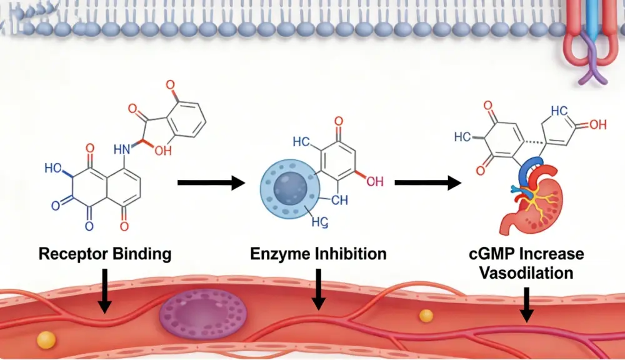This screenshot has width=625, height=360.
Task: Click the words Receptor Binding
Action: (104, 254)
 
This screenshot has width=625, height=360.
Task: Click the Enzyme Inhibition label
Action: (318, 254)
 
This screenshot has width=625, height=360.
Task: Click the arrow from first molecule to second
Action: (210, 183)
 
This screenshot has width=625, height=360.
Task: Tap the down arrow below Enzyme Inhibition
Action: (319, 289)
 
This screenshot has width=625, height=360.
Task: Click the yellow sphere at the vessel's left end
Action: (46, 339)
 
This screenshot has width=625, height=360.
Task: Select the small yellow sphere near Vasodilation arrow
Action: (426, 316)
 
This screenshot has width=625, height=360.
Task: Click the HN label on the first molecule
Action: (123, 150)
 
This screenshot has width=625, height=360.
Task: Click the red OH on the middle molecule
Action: (375, 182)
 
